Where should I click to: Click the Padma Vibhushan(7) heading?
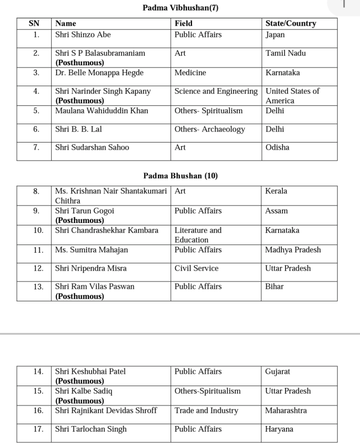point(180,8)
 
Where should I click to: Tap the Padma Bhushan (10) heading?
point(180,176)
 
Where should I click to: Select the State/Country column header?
point(290,24)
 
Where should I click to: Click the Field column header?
point(183,24)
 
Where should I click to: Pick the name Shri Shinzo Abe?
point(83,35)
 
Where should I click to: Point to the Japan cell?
point(275,35)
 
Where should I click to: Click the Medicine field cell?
point(190,73)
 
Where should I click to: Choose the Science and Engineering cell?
point(216,91)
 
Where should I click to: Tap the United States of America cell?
point(292,96)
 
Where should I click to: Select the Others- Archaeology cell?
point(209,129)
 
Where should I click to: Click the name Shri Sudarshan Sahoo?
point(92,148)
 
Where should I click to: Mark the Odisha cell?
point(277,148)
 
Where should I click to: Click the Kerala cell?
point(276,191)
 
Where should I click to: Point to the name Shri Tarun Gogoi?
point(84,211)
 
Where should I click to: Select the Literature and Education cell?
point(198,235)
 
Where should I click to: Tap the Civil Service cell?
point(196,268)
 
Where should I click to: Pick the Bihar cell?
point(274,287)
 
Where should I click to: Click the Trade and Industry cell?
point(206,411)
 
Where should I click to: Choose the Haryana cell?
point(279,429)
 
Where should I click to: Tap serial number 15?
point(38,391)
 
